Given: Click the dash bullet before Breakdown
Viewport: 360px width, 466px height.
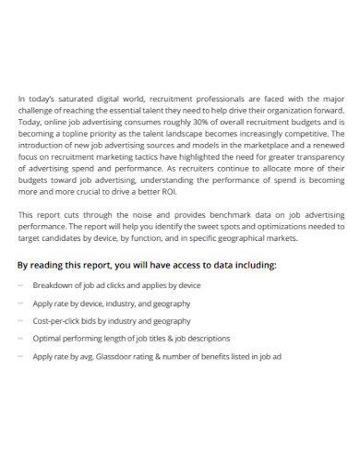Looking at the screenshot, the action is click(21, 285).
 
